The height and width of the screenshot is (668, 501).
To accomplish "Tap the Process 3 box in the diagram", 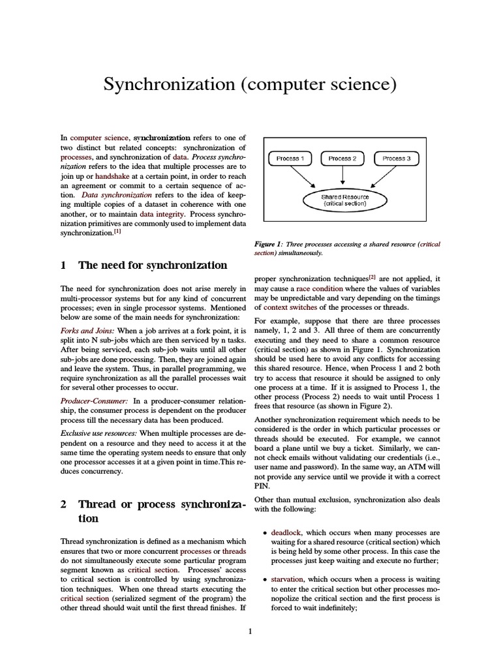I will tap(395, 159).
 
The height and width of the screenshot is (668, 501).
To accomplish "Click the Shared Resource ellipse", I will tap(344, 200).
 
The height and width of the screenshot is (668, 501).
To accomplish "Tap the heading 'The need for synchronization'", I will tap(152, 265).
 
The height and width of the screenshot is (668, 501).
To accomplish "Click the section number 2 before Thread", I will tap(63, 504).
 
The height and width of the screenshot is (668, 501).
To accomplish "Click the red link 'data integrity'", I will tap(162, 213).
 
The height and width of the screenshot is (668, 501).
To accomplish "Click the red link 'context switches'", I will tap(290, 307).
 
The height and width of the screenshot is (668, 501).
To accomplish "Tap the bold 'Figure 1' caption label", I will tap(268, 244).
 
